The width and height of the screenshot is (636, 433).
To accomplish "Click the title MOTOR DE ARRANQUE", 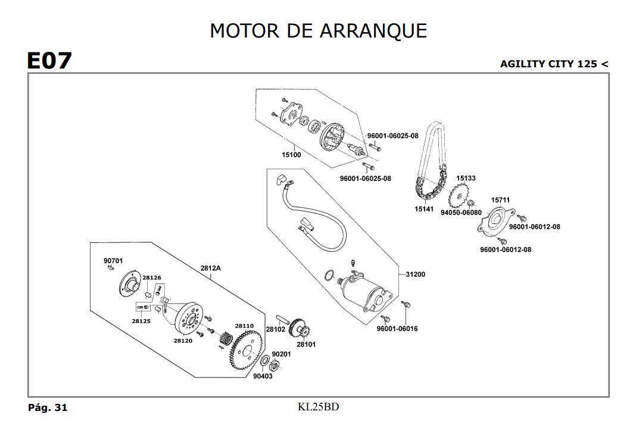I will tap(318, 30).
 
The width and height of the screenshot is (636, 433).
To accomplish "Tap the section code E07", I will tap(49, 61).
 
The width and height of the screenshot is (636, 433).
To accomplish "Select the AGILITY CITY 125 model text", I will tap(554, 64).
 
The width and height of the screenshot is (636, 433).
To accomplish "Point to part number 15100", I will tap(291, 155).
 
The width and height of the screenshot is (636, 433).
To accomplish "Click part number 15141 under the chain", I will tap(424, 209).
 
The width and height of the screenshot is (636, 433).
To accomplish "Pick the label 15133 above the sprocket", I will tap(466, 178).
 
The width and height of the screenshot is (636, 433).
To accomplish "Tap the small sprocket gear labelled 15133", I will tap(459, 194).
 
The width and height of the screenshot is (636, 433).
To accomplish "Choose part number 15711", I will tap(500, 200).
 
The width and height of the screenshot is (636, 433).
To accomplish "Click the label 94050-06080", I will tap(461, 213).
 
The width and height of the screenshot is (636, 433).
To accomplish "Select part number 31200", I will tap(416, 275).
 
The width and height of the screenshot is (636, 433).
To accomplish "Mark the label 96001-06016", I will tap(397, 329).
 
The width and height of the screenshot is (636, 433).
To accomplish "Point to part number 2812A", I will tap(210, 269).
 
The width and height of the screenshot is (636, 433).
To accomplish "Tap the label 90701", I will tap(113, 261).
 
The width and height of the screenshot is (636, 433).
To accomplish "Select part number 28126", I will tap(151, 278).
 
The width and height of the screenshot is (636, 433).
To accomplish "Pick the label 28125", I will tap(141, 321).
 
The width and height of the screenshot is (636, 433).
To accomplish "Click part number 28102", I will tap(276, 329).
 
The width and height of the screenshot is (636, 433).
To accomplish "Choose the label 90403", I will tap(262, 376).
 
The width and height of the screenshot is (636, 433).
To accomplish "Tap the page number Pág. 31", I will tap(48, 408).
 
